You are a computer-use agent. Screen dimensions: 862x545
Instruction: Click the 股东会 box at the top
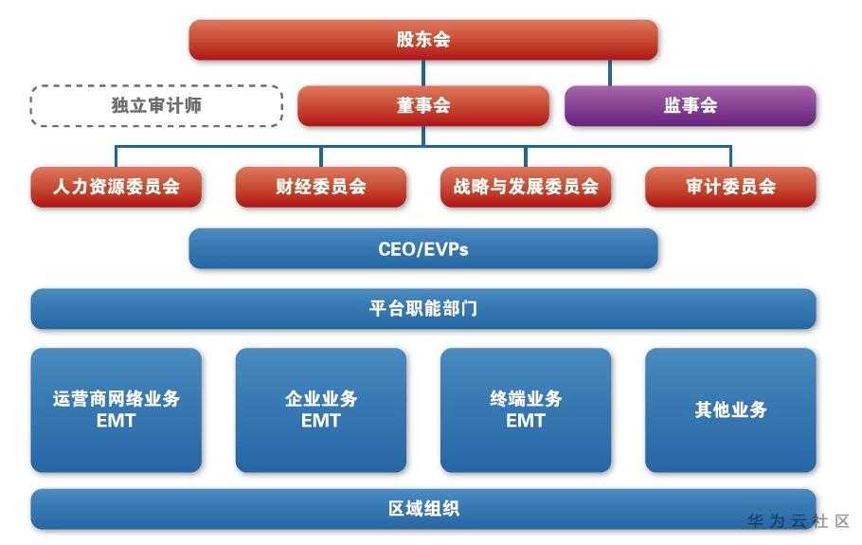coord(423,40)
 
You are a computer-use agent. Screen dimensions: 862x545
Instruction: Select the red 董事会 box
coord(423,105)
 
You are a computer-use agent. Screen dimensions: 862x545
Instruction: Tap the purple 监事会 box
coord(691,105)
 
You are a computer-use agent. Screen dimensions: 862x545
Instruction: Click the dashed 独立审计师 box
coord(156,105)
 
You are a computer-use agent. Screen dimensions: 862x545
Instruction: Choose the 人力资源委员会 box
coord(116,187)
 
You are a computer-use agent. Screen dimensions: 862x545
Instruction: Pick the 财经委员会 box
coord(321,187)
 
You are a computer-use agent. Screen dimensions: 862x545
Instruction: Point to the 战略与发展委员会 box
coord(526,187)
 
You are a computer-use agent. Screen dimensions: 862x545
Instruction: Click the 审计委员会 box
coord(730,187)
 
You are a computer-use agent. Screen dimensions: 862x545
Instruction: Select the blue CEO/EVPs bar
coord(423,248)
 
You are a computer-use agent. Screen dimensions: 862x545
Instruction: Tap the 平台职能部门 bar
coord(423,309)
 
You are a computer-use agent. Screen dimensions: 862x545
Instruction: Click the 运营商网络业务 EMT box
coord(116,410)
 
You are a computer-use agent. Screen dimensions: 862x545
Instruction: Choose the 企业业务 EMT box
coord(321,410)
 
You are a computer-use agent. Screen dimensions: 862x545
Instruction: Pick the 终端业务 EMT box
coord(526,410)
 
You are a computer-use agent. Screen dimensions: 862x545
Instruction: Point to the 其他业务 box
coord(730,410)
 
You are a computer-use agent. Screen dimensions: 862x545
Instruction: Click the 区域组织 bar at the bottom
coord(423,509)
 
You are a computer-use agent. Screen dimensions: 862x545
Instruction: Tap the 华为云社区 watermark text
coord(799,520)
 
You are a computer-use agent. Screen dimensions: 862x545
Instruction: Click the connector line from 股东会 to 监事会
coord(610,73)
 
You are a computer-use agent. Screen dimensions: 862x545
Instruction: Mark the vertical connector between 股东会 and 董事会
coord(423,73)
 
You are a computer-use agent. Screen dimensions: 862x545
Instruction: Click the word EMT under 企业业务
coord(321,421)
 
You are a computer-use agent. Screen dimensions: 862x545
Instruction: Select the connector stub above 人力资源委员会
coord(116,156)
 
